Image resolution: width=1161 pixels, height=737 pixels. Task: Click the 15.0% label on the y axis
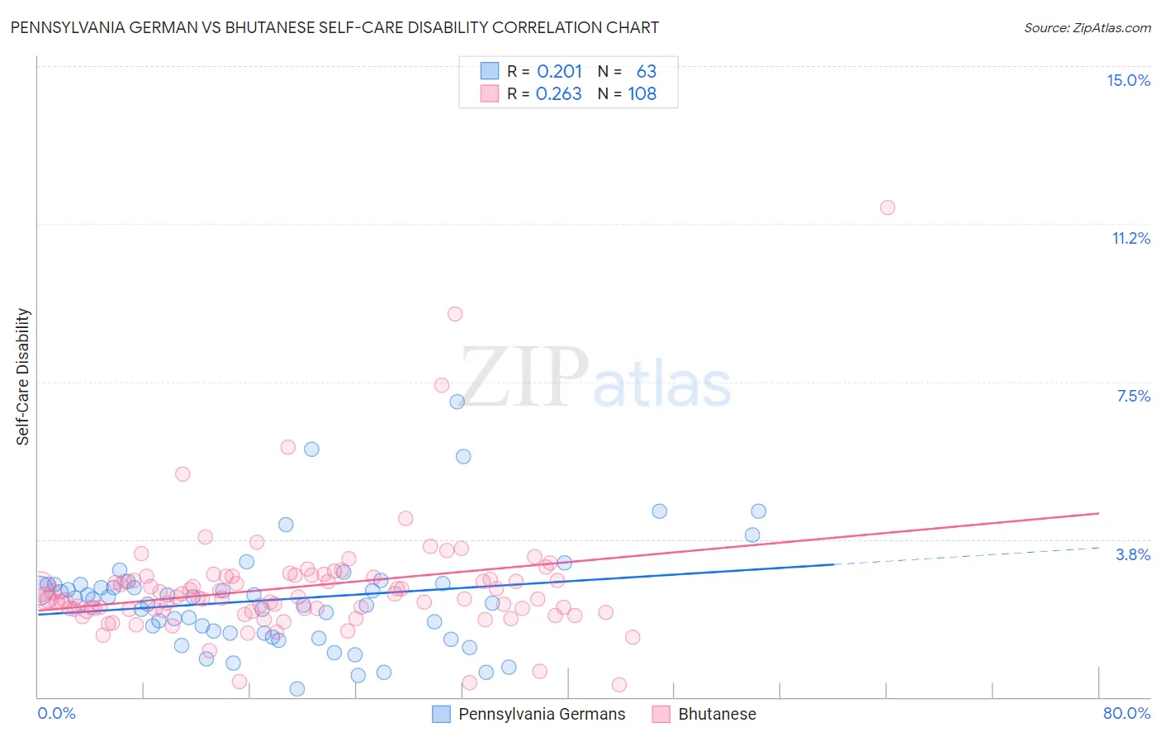pyautogui.click(x=1128, y=80)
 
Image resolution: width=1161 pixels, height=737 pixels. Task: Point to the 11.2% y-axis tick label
pyautogui.click(x=1130, y=238)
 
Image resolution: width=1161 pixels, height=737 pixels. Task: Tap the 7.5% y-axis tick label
pyautogui.click(x=1133, y=396)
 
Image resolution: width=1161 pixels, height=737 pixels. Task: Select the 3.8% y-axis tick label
pyautogui.click(x=1133, y=554)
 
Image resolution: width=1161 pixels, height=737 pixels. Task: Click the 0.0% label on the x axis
pyautogui.click(x=56, y=713)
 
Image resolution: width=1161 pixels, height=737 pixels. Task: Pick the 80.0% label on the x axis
pyautogui.click(x=1126, y=713)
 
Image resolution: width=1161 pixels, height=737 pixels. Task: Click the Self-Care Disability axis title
pyautogui.click(x=23, y=377)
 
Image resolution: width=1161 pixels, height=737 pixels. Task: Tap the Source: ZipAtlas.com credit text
pyautogui.click(x=1087, y=28)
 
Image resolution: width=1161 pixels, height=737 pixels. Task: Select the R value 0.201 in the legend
pyautogui.click(x=559, y=72)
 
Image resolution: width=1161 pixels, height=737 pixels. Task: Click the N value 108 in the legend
pyautogui.click(x=642, y=94)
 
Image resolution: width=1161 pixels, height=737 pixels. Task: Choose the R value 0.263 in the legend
pyautogui.click(x=559, y=94)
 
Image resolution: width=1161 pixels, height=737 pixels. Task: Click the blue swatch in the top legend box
pyautogui.click(x=490, y=72)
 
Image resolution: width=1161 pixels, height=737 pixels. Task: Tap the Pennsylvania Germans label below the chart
pyautogui.click(x=542, y=714)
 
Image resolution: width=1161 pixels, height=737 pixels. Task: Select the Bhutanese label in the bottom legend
pyautogui.click(x=717, y=714)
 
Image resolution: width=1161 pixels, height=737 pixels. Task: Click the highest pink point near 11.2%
pyautogui.click(x=887, y=207)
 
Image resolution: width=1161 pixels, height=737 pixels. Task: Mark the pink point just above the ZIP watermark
pyautogui.click(x=455, y=314)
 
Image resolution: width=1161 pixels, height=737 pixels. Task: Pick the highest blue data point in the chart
pyautogui.click(x=457, y=402)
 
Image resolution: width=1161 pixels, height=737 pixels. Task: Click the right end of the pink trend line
pyautogui.click(x=1098, y=513)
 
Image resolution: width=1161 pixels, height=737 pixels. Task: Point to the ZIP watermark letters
pyautogui.click(x=524, y=377)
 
